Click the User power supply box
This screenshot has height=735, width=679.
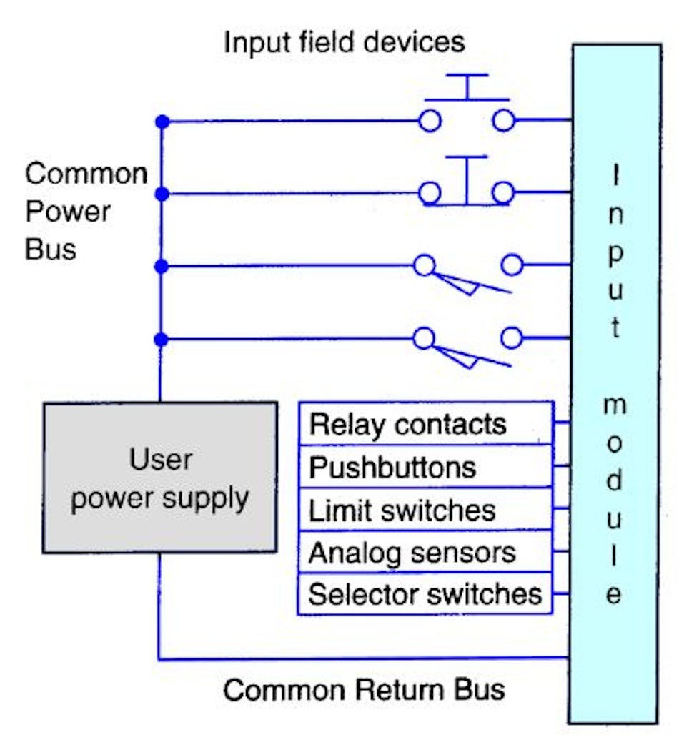[x=159, y=477]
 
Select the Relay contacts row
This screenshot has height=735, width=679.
[x=425, y=425]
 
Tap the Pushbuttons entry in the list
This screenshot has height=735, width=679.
[x=425, y=468]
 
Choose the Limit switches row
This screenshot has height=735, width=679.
[x=425, y=510]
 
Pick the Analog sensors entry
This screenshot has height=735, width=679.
[x=425, y=553]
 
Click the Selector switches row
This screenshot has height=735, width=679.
[x=425, y=594]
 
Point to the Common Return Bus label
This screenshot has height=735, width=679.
[x=364, y=690]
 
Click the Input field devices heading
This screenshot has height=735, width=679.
[x=344, y=42]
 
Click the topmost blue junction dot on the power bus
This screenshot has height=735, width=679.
[x=162, y=122]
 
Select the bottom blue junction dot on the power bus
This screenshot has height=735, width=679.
[x=162, y=340]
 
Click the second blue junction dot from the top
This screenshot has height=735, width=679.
[x=162, y=194]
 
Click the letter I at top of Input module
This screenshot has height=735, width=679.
[x=615, y=176]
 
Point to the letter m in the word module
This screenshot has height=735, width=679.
[x=615, y=406]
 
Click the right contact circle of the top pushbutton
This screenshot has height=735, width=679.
[x=504, y=121]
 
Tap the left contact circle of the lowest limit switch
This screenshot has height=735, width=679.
[x=424, y=339]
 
